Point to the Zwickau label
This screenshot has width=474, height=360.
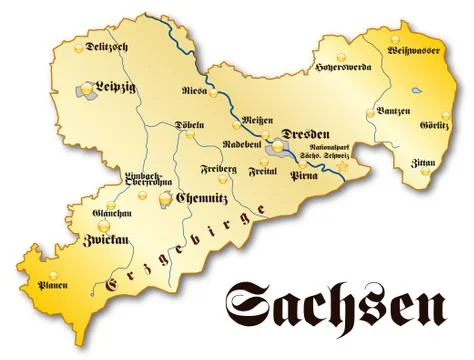pos(103,241)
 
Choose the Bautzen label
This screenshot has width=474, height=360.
pos(391,109)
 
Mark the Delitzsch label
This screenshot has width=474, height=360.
pos(108,46)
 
